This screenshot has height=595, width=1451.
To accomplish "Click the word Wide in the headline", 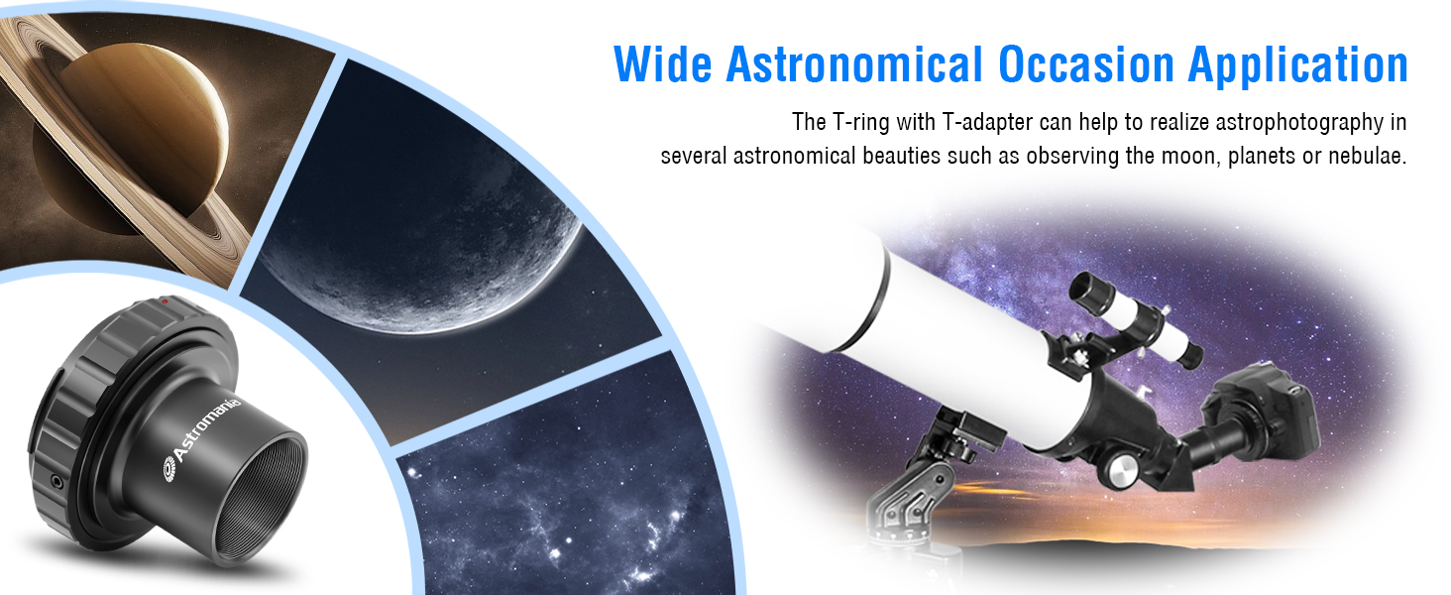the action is coord(663,63).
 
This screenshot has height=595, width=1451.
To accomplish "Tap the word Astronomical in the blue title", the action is coord(854,63).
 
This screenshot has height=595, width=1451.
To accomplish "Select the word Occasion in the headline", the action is coord(1085,63).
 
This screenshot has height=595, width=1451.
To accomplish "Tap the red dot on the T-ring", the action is coord(166,301).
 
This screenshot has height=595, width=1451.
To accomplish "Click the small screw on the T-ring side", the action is coord(57,482).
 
